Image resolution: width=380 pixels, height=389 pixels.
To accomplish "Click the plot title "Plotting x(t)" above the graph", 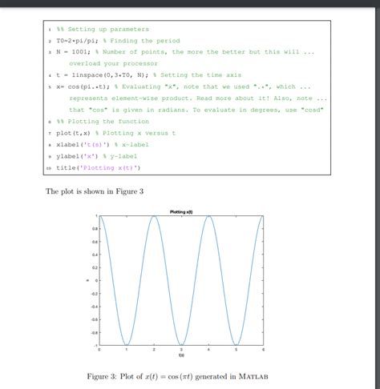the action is pyautogui.click(x=180, y=211).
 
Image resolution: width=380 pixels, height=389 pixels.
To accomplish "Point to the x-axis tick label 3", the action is pyautogui.click(x=181, y=351).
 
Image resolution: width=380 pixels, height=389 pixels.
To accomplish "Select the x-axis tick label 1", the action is pyautogui.click(x=127, y=351).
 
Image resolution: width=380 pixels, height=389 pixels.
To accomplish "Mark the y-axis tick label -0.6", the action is pyautogui.click(x=91, y=319).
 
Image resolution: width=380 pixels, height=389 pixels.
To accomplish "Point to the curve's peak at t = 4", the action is pyautogui.click(x=208, y=216).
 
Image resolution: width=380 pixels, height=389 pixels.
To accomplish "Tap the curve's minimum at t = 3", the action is pyautogui.click(x=181, y=345).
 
